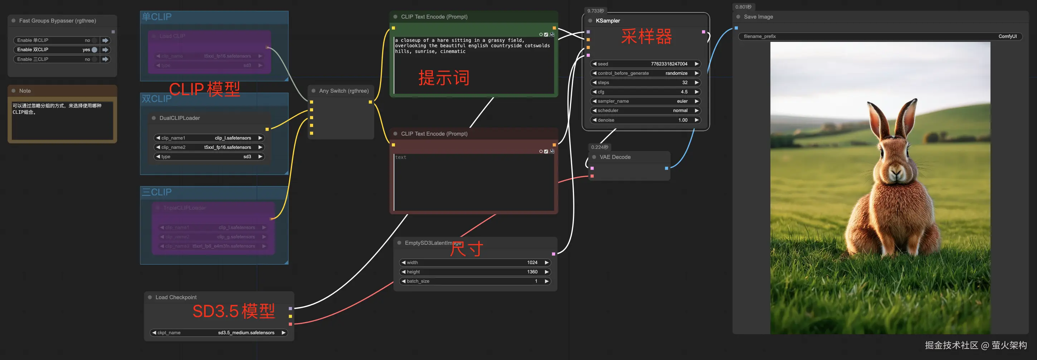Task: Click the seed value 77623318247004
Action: [x=669, y=64]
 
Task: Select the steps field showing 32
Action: [x=646, y=83]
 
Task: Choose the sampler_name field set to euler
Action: [x=646, y=101]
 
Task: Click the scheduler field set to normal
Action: [x=646, y=110]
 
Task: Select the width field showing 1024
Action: [x=475, y=263]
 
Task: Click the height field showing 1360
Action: [x=475, y=272]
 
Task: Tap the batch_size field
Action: [x=475, y=281]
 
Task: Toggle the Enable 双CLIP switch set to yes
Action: [x=94, y=49]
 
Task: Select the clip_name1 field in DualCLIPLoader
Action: [x=209, y=138]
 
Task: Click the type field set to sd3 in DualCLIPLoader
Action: [x=209, y=157]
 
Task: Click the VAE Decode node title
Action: [x=615, y=157]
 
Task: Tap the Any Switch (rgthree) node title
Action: [x=344, y=91]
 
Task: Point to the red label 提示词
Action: [x=444, y=78]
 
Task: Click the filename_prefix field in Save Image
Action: [x=880, y=36]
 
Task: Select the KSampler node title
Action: [x=608, y=20]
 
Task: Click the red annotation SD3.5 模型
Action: [x=233, y=311]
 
